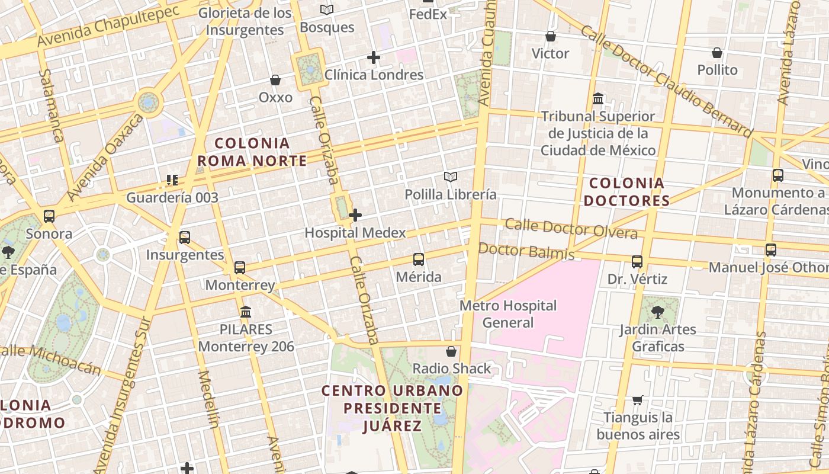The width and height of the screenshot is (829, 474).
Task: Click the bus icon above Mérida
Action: (419, 259)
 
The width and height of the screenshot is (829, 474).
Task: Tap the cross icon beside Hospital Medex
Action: (355, 215)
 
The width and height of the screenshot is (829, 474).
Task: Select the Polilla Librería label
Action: (451, 194)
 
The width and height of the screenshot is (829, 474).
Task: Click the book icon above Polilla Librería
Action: (451, 177)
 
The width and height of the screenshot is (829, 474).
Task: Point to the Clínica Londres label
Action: (374, 75)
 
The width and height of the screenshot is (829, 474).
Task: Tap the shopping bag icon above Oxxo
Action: (275, 80)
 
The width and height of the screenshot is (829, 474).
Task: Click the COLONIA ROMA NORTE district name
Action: (252, 152)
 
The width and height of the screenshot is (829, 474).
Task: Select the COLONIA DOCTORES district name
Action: (626, 192)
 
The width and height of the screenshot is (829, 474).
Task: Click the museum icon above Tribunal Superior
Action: (598, 98)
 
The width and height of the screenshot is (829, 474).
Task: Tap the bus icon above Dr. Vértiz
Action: (637, 261)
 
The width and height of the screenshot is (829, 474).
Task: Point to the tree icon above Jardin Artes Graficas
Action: (657, 312)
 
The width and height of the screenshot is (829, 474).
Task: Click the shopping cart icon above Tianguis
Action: (638, 400)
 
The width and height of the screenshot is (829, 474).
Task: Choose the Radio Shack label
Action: (452, 369)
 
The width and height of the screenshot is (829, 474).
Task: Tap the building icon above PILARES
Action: (246, 312)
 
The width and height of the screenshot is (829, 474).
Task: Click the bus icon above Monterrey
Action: (240, 267)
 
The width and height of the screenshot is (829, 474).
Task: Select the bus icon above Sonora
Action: (49, 216)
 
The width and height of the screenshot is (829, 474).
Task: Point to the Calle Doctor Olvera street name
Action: (571, 228)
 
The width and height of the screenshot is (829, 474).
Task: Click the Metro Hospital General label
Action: (508, 314)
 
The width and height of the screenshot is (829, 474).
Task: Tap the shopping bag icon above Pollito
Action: (717, 53)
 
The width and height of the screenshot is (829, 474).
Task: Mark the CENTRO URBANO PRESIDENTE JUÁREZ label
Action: (392, 408)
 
